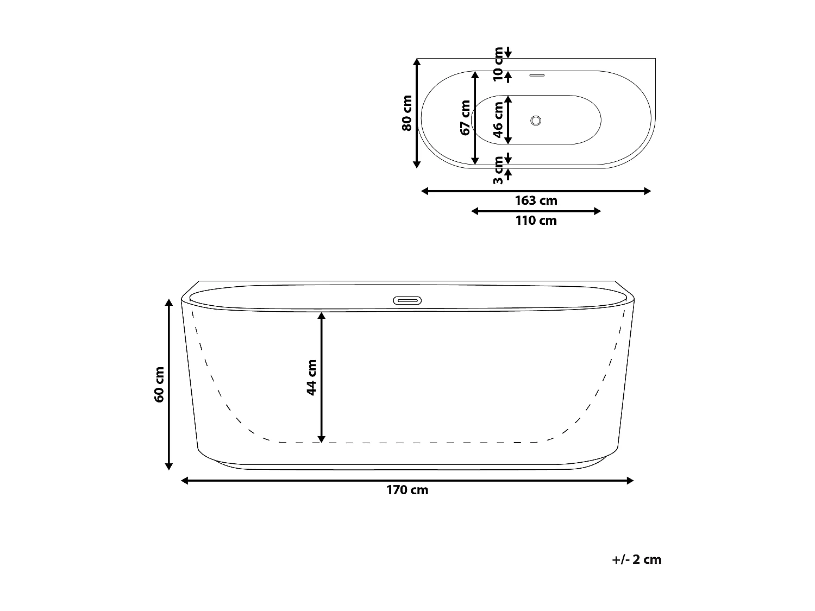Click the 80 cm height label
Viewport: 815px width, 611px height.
(x=407, y=113)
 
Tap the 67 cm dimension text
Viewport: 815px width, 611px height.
(x=465, y=117)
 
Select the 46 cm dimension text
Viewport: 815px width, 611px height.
(x=498, y=120)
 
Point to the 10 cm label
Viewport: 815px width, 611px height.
(x=498, y=65)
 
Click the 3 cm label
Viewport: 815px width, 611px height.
(x=498, y=170)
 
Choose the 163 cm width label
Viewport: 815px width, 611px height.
(x=536, y=200)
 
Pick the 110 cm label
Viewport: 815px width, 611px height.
(x=536, y=221)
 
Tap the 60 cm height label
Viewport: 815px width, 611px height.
(x=159, y=385)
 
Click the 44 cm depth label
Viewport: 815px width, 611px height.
(x=312, y=377)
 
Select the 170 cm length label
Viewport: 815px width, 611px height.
(x=407, y=490)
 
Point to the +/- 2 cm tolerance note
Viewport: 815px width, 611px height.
(x=637, y=559)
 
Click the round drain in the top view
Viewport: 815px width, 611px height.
(x=536, y=121)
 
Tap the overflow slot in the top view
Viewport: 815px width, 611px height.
(x=536, y=75)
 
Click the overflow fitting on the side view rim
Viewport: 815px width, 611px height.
(x=407, y=300)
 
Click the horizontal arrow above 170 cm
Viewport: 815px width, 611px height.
(x=407, y=480)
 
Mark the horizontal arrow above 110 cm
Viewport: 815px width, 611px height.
(x=536, y=211)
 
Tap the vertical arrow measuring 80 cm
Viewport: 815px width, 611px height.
(x=417, y=113)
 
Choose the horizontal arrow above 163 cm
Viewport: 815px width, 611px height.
(x=536, y=191)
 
